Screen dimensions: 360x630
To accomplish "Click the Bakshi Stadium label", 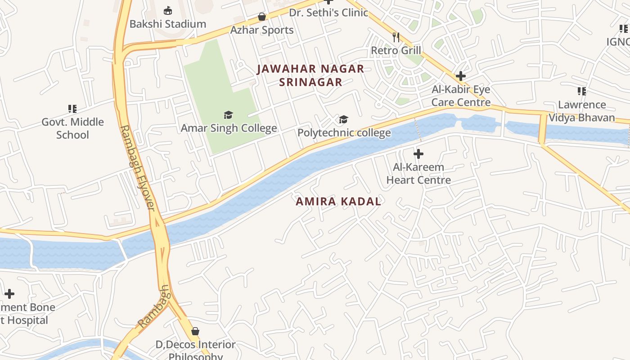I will (167, 24).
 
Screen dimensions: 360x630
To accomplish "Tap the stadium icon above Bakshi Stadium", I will (167, 10).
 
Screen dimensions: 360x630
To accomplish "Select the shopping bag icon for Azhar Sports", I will (261, 17).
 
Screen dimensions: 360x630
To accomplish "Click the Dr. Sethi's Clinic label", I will (328, 13).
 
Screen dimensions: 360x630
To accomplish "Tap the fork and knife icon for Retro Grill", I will (396, 37).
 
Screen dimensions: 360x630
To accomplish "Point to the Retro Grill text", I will (396, 50).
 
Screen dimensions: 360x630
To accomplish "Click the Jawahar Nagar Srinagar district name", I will (310, 75).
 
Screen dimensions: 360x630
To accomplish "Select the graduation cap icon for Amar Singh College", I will (229, 115).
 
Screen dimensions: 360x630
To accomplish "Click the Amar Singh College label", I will (229, 128).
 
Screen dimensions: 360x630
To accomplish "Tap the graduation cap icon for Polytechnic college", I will (344, 119).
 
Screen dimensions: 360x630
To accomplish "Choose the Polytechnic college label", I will (344, 133).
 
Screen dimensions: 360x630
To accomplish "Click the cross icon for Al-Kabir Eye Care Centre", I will (460, 76).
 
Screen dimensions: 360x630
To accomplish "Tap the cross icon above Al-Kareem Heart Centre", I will (418, 154).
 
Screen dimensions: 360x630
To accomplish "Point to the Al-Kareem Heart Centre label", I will (418, 173).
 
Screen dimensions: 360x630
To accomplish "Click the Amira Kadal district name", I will (338, 202).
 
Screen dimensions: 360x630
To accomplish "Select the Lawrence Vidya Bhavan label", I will (581, 111).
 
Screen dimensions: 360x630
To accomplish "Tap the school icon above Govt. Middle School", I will (72, 108).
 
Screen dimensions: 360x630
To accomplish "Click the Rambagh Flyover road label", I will (138, 167).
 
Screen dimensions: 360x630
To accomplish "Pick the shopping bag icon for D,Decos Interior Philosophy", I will (195, 331).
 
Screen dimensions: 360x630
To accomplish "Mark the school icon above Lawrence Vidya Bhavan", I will (582, 91).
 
